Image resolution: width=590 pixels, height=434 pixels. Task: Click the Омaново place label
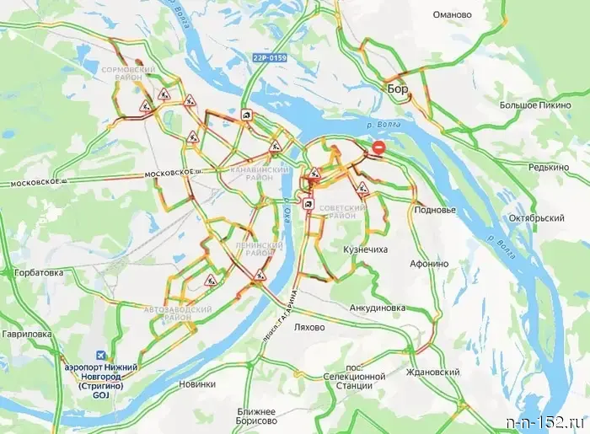pyautogui.click(x=459, y=14)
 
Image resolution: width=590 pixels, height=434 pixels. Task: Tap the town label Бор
pyautogui.click(x=397, y=88)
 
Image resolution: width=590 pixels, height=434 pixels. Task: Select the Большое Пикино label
pyautogui.click(x=534, y=105)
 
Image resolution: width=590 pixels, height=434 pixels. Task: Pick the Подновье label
pyautogui.click(x=436, y=209)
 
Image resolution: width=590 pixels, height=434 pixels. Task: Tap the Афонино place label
pyautogui.click(x=429, y=263)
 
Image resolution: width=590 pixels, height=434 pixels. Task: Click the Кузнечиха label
pyautogui.click(x=366, y=250)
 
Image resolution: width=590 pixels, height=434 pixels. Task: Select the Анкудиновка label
pyautogui.click(x=378, y=308)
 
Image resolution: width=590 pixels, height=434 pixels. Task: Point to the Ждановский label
pyautogui.click(x=432, y=372)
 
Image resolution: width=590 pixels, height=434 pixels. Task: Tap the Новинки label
pyautogui.click(x=198, y=383)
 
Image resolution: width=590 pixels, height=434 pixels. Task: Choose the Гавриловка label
pyautogui.click(x=27, y=335)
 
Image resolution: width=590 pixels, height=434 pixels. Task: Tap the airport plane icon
pyautogui.click(x=103, y=356)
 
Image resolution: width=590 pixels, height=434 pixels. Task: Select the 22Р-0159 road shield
pyautogui.click(x=269, y=58)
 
